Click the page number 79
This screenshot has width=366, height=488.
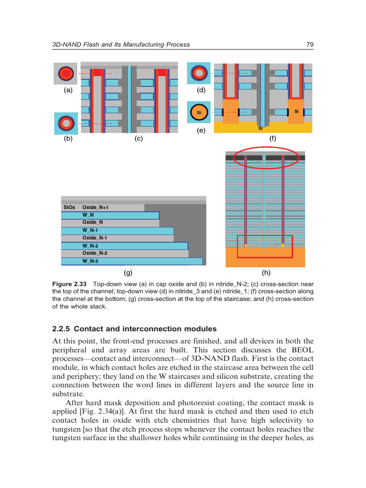[x=309, y=44]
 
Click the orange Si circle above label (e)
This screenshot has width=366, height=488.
[x=199, y=113]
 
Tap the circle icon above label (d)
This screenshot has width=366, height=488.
[x=199, y=73]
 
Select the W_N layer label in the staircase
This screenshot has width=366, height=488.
[x=88, y=215]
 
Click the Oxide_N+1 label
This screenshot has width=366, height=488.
[x=95, y=208]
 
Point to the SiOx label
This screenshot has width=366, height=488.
[x=69, y=208]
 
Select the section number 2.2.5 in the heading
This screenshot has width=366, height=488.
[x=61, y=329]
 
